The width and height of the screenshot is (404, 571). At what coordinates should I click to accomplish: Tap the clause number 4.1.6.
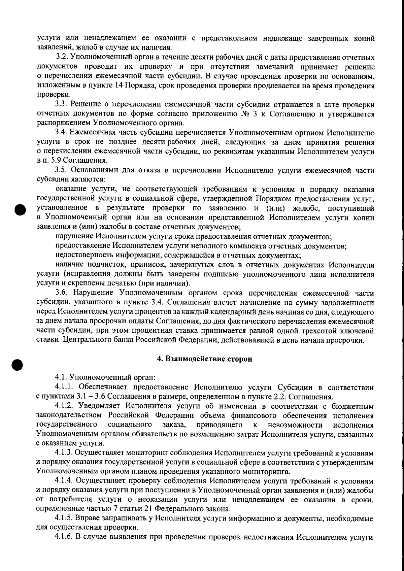click(x=65, y=536)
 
